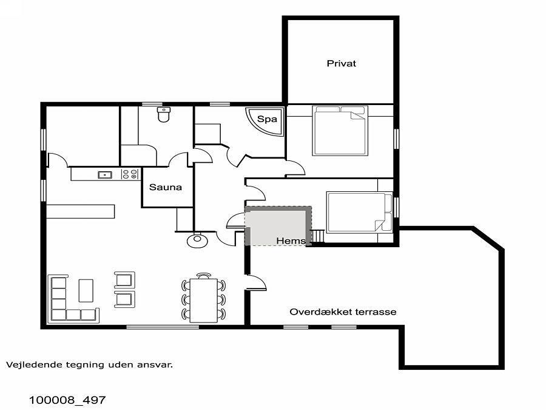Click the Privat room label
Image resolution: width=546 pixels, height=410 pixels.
click(341, 63)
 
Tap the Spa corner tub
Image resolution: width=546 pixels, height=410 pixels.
click(265, 121)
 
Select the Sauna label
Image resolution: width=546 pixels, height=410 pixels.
click(166, 187)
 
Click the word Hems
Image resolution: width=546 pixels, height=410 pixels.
click(291, 241)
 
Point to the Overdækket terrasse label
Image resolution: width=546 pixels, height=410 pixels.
click(343, 312)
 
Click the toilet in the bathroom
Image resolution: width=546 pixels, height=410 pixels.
click(164, 115)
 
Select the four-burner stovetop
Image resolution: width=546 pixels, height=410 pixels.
click(130, 174)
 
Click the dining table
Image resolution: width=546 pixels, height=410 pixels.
click(204, 301)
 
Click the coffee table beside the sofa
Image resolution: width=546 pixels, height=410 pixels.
click(86, 290)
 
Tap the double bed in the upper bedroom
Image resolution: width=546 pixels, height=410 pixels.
click(340, 131)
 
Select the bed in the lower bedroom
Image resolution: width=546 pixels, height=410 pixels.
click(359, 212)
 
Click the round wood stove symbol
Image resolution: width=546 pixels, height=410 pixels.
click(197, 240)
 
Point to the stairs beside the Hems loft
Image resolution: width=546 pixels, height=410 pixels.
click(317, 236)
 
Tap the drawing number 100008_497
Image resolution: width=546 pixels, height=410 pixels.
click(67, 400)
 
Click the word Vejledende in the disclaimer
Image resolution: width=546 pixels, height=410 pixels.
click(28, 364)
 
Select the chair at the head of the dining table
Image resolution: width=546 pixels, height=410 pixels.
click(204, 276)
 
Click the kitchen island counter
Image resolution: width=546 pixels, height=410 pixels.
click(81, 211)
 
